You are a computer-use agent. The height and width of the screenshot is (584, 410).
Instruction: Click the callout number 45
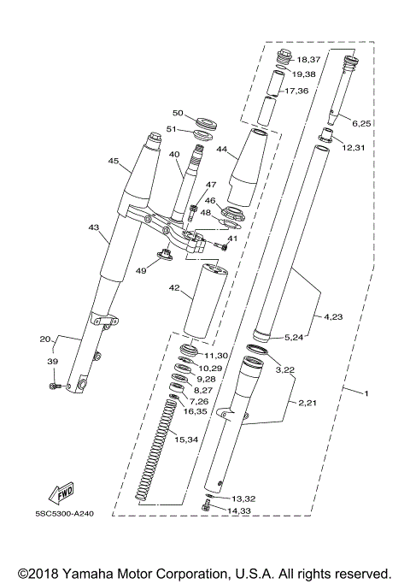pos(113,160)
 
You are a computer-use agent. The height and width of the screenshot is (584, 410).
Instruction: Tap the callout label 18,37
pos(308,60)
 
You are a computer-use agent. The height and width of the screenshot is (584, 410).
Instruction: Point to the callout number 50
pos(179,113)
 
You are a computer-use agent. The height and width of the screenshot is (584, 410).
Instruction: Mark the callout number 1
pos(367,392)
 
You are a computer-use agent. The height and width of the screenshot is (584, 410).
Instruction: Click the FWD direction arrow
pos(62,492)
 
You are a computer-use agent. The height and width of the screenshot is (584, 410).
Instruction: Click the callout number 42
pos(174,288)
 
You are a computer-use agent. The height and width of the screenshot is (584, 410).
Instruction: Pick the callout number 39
pos(53,363)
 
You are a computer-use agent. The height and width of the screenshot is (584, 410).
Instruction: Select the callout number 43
pos(94,228)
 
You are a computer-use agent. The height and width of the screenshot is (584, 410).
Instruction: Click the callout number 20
pos(45,339)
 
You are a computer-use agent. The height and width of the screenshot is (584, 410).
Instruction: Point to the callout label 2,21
pos(308,402)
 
